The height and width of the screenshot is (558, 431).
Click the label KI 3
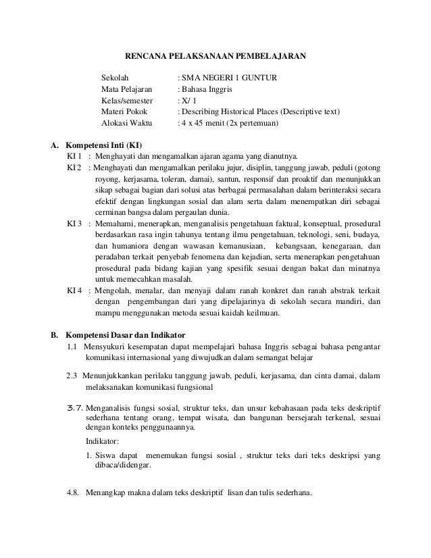pos(74,223)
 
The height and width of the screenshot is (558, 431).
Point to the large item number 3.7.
pos(71,407)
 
